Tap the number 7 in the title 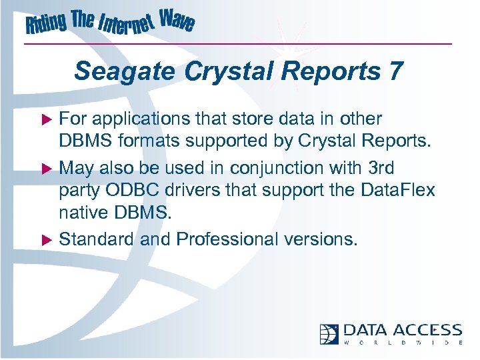tap(395, 71)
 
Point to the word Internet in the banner tap(126, 26)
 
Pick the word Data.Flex tap(396, 191)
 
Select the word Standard tap(97, 239)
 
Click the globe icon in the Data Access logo tap(329, 333)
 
